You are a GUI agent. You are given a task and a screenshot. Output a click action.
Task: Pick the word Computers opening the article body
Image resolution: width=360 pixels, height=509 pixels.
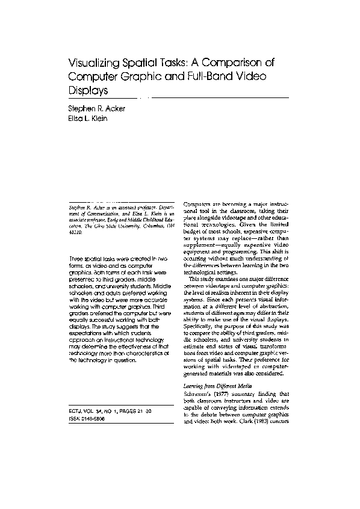pos(199,205)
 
